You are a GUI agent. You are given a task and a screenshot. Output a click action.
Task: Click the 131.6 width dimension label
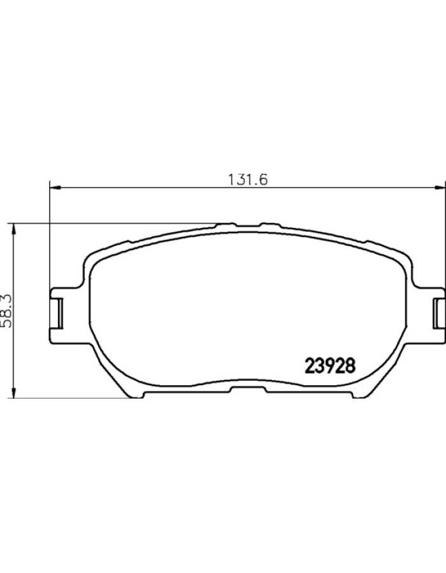tap(248, 180)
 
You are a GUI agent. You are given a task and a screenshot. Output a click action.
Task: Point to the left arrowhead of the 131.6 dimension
tap(54, 188)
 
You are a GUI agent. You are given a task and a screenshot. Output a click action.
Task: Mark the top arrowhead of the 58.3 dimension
tap(13, 229)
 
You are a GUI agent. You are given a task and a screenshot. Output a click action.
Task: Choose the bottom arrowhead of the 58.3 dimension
tap(13, 392)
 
